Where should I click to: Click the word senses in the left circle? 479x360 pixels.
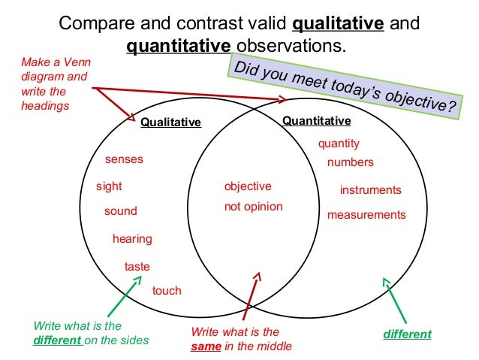tap(124, 159)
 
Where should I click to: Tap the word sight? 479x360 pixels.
tap(109, 186)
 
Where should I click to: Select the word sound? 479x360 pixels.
tap(120, 211)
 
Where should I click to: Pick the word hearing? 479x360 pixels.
tap(132, 239)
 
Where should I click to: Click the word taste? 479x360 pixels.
tap(137, 266)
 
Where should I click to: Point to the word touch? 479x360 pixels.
tap(167, 290)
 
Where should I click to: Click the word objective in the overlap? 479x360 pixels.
tap(248, 186)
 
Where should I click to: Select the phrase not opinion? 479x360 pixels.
tap(254, 206)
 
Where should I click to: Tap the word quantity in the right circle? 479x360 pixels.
tap(339, 144)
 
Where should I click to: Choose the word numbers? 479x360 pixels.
tap(350, 162)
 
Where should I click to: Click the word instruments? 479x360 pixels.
tap(371, 190)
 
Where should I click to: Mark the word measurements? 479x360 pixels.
tap(366, 215)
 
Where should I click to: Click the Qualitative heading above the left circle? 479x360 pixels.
tap(171, 123)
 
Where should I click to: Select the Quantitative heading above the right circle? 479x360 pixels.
tap(316, 120)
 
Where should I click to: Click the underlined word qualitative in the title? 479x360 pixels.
tap(338, 23)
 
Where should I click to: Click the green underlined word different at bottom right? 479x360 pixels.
tap(408, 334)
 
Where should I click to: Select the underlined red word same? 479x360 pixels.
tap(205, 346)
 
